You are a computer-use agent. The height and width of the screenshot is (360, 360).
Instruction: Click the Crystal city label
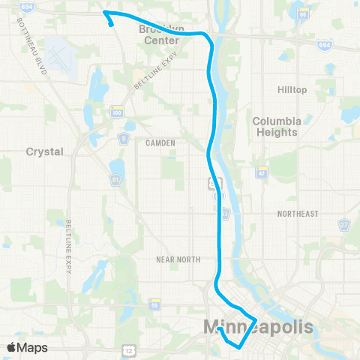[x=45, y=151]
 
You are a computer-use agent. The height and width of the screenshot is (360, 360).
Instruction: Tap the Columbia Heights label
[x=277, y=126]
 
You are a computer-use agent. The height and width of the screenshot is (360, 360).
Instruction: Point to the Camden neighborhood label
[x=161, y=142]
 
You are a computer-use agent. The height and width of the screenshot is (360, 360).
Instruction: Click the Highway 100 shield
[x=116, y=112]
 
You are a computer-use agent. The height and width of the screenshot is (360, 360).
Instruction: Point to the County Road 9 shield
[x=122, y=139]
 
